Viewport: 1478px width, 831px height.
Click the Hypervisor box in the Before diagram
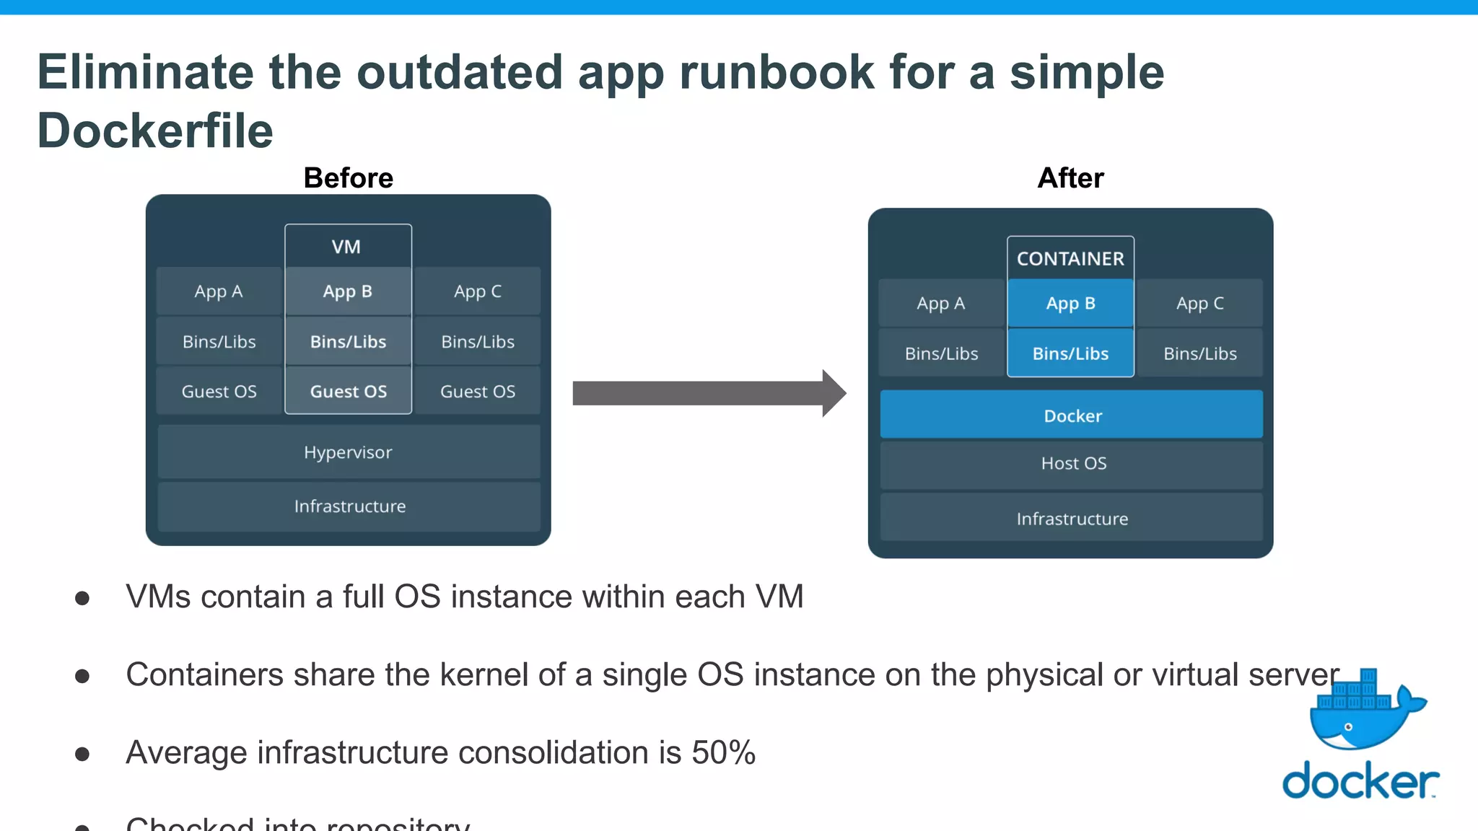(x=349, y=452)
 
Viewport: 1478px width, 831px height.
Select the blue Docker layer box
(x=1072, y=415)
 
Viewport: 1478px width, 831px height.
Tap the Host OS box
(x=1072, y=464)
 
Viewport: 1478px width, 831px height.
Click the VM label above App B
(x=346, y=247)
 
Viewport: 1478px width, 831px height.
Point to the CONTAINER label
(x=1070, y=258)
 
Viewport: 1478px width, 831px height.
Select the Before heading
(x=349, y=178)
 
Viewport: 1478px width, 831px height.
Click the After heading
(x=1070, y=178)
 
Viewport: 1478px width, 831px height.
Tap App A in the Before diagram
(x=219, y=291)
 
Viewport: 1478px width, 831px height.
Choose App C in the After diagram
(x=1199, y=304)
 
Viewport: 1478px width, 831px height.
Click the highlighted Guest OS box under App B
(x=349, y=391)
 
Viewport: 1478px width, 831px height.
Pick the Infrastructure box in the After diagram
(x=1072, y=519)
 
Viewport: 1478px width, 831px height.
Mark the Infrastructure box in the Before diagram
(x=349, y=506)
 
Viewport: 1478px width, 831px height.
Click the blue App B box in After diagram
(x=1070, y=304)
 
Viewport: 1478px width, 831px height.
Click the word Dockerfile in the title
(x=155, y=131)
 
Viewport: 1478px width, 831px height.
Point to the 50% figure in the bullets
(x=723, y=752)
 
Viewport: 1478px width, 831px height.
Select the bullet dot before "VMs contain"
(x=82, y=598)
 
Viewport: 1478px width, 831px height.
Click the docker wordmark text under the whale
(x=1360, y=781)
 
